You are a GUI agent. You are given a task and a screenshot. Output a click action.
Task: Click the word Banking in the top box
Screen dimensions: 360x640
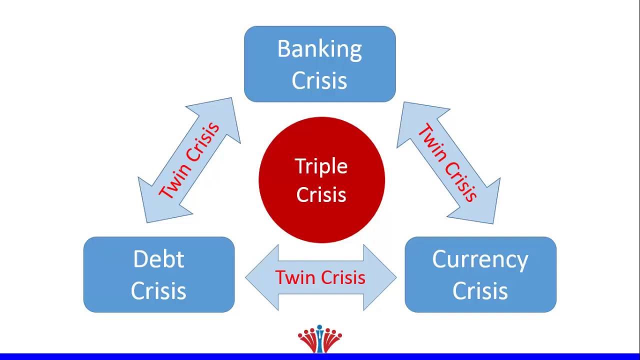tap(319, 49)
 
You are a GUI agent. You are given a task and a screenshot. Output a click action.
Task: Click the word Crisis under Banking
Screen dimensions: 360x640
tap(319, 80)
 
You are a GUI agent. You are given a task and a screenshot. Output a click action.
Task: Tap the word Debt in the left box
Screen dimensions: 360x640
tap(158, 259)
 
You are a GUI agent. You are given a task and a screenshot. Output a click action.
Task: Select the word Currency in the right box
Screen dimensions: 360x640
tap(480, 260)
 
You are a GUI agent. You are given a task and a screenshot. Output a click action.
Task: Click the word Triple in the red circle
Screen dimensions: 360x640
tap(321, 166)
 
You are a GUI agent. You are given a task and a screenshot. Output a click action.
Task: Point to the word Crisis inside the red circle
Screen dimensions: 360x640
tap(321, 194)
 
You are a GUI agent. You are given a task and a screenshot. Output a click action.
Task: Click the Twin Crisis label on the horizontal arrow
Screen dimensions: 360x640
tap(320, 277)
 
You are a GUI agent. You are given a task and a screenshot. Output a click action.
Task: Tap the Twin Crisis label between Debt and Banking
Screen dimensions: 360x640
tap(189, 160)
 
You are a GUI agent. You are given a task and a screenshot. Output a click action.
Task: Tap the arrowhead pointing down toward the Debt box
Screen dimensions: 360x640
tap(155, 205)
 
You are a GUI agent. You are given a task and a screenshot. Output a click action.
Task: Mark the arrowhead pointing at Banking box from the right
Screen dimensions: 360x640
tap(417, 120)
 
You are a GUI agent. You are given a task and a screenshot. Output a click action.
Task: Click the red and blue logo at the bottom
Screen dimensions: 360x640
tap(320, 338)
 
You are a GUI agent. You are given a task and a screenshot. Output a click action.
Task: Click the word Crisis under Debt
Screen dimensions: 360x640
tap(158, 291)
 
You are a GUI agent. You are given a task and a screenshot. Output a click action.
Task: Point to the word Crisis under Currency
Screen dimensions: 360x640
tap(480, 291)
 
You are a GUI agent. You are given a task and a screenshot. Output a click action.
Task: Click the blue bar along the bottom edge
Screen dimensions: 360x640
tap(320, 356)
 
